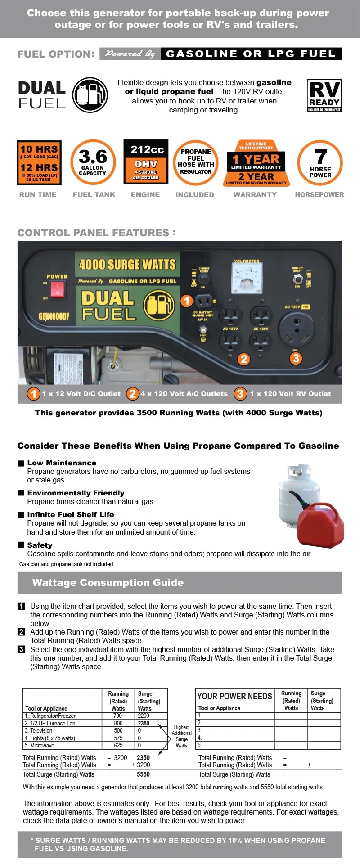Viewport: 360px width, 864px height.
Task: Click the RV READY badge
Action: click(324, 95)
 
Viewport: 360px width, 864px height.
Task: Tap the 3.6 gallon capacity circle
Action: click(93, 162)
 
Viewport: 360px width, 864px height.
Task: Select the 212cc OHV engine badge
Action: click(146, 162)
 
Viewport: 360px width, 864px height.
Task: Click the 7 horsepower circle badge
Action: click(320, 162)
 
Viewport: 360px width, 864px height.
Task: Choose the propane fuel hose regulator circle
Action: click(196, 162)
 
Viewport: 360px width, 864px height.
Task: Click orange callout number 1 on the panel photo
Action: click(187, 301)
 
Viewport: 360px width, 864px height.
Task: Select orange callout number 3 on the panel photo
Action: click(296, 358)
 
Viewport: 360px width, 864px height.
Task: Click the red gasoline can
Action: click(320, 525)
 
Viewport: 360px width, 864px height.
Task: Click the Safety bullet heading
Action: click(40, 545)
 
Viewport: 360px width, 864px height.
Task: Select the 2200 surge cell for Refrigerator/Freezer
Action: click(144, 715)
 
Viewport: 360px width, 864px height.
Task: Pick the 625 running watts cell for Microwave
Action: click(118, 745)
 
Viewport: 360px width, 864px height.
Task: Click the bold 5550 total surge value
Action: click(143, 774)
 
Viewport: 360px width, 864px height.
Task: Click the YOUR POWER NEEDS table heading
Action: click(234, 696)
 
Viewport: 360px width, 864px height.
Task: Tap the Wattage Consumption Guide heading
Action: click(108, 582)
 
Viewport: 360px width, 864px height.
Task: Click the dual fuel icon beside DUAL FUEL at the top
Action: click(90, 95)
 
